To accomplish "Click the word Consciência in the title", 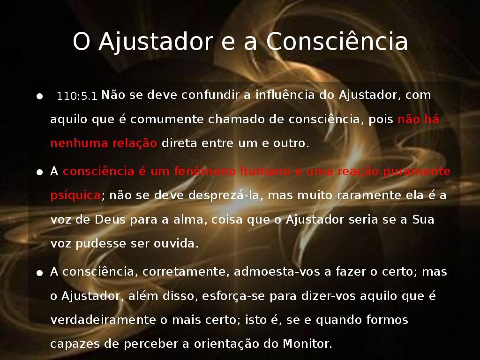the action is [x=337, y=41].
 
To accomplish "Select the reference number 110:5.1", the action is [x=77, y=96].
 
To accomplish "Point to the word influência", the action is [x=285, y=95].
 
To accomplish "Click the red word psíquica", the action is [x=75, y=195].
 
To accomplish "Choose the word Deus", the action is [x=110, y=219].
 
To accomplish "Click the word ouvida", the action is [x=176, y=244].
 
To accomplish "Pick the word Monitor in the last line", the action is [x=307, y=344].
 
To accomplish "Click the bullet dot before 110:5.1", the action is [x=39, y=97].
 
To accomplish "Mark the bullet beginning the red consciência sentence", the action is [x=39, y=172].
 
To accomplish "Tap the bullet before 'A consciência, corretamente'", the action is [x=39, y=273].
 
